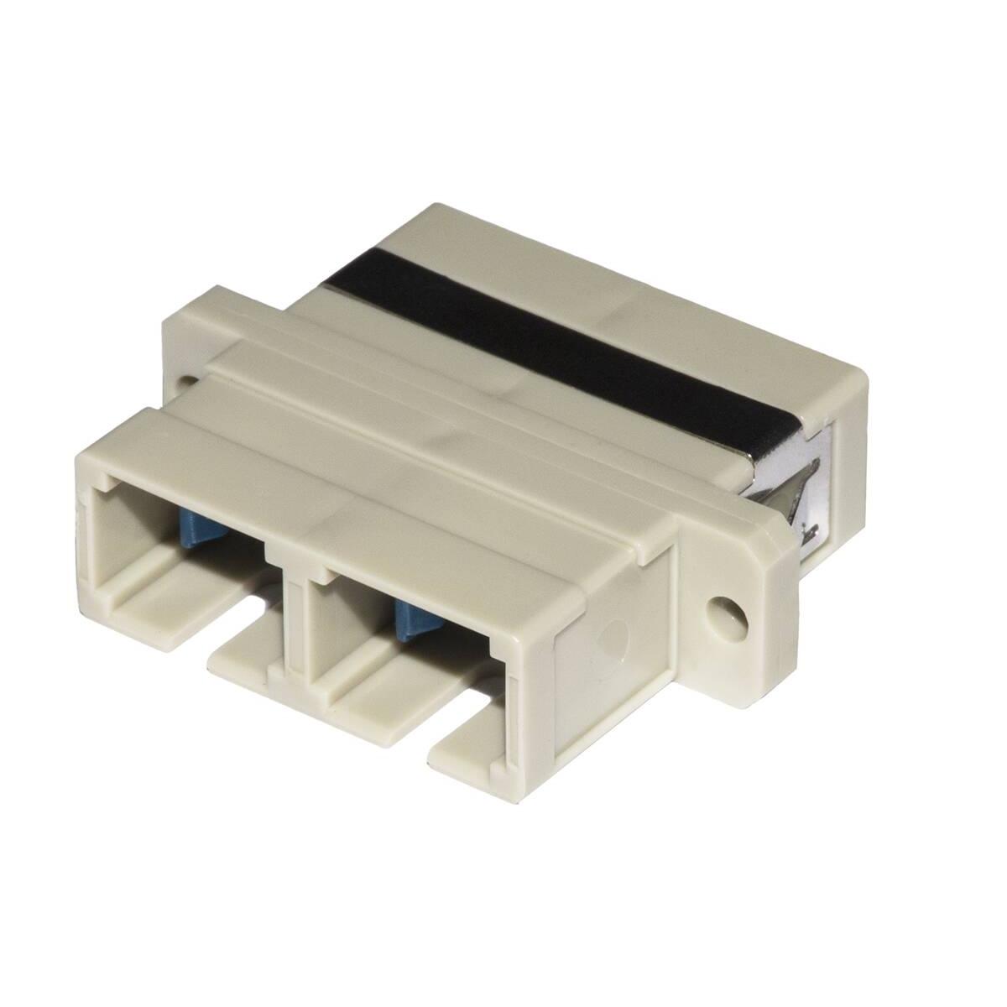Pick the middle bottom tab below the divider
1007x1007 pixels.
coord(243,663)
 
